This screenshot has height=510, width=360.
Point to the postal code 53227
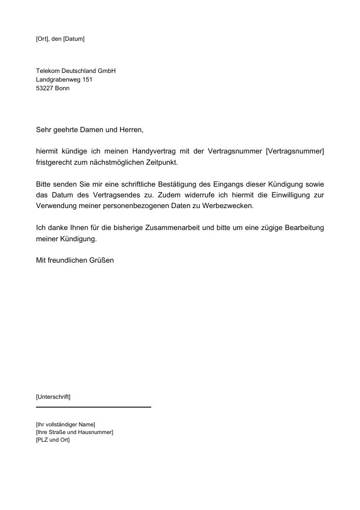45,88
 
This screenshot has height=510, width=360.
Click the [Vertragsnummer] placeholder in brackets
295,151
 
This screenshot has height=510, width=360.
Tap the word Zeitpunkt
164,162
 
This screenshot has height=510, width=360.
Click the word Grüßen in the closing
101,260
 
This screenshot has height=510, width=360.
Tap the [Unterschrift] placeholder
53,396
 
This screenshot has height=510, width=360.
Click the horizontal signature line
94,407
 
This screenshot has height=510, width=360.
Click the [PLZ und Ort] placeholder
53,440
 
